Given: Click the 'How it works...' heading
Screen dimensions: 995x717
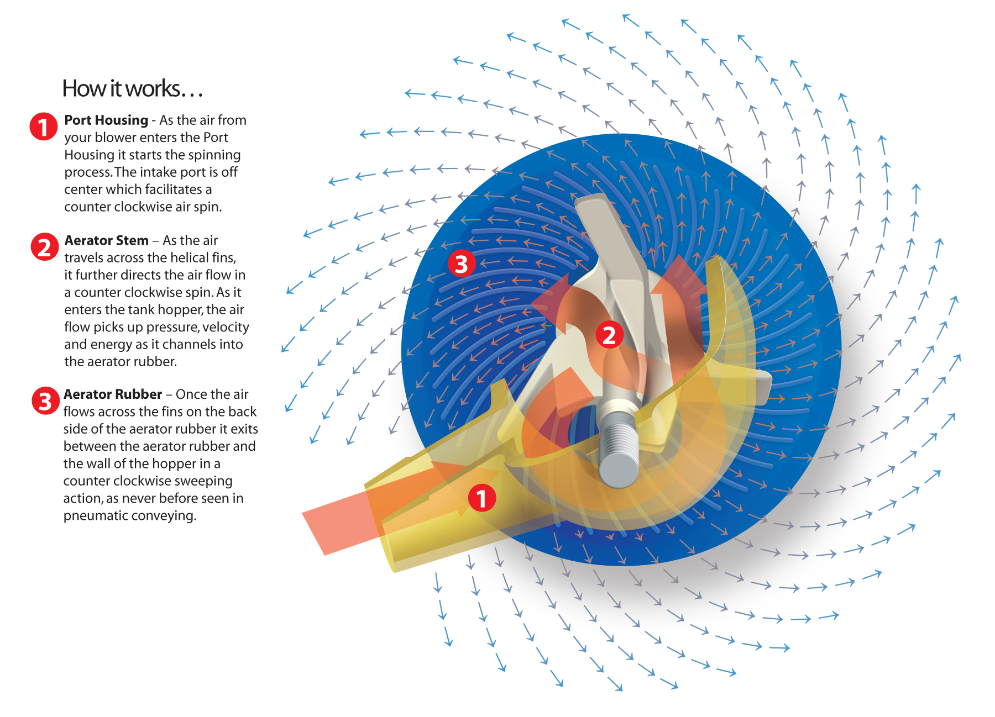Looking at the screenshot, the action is tap(133, 88).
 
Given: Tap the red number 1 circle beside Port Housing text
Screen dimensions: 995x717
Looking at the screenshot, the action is tap(44, 127).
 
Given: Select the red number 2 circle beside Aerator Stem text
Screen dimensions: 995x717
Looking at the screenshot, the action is tap(44, 247).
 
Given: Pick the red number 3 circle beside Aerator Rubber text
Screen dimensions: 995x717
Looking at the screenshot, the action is tap(45, 401).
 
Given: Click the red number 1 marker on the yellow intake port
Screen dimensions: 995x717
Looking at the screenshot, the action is tap(482, 498).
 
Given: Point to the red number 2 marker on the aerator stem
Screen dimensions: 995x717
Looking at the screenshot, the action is tap(609, 335).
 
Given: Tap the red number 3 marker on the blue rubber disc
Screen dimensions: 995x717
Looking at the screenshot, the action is tap(462, 263).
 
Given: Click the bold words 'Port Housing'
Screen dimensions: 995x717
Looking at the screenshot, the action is tap(106, 120).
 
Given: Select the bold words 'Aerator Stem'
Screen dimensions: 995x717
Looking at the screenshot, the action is tap(106, 240).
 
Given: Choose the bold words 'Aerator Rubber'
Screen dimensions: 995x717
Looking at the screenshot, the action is tap(113, 394).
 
